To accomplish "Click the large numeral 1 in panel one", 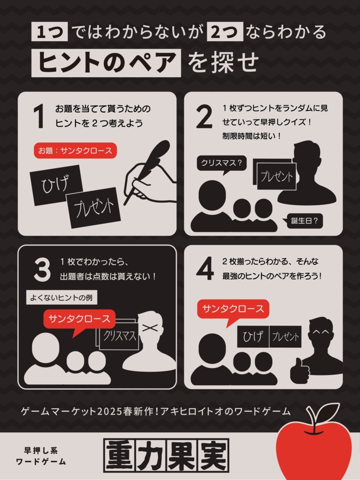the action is click(39, 116).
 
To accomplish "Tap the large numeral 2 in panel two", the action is click(204, 116).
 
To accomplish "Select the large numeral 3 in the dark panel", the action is click(42, 270).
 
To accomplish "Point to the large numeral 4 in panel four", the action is click(205, 268).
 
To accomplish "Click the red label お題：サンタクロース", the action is click(75, 150).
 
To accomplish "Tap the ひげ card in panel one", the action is click(56, 185).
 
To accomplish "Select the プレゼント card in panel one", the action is click(94, 208).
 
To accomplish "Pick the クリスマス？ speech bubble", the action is click(222, 164).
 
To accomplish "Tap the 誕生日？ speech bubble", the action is click(303, 221).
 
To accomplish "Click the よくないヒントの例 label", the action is click(61, 298).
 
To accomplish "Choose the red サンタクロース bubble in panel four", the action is click(233, 311).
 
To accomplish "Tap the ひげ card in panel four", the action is click(253, 337).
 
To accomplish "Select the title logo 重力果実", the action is click(166, 455).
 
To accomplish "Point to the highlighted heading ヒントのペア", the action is click(106, 63).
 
